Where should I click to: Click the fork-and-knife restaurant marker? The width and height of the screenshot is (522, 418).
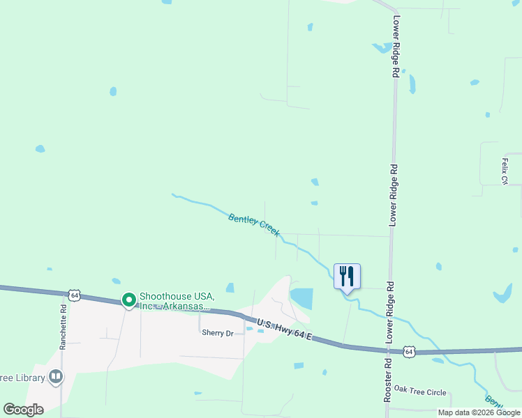[347, 276]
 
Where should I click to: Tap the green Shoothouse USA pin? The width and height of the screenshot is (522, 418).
[129, 300]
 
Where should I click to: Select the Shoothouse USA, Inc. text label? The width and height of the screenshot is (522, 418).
[175, 301]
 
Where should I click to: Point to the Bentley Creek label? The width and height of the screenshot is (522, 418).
[254, 224]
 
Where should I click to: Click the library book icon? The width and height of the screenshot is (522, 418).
[56, 378]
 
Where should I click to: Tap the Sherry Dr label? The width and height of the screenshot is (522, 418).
[217, 333]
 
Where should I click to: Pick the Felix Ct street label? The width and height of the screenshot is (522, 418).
[504, 171]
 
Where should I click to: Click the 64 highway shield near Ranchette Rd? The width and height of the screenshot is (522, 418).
[74, 295]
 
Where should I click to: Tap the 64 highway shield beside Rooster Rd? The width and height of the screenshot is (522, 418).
[410, 353]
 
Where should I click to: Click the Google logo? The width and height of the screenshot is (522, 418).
[24, 410]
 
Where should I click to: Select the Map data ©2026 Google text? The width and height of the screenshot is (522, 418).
[479, 412]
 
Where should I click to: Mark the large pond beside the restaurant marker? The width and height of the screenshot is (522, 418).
[301, 298]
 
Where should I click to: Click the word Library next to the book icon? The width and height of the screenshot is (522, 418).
[24, 378]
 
